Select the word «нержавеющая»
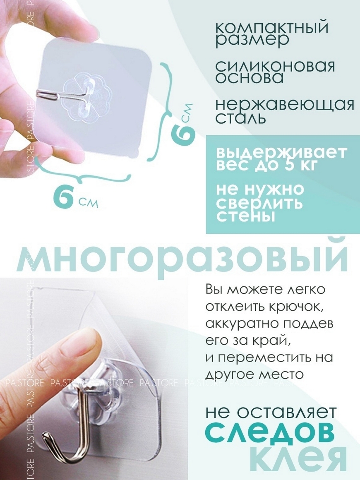click(x=285, y=105)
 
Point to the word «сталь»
click(x=240, y=118)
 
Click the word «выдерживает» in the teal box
click(x=282, y=154)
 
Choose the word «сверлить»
click(x=259, y=203)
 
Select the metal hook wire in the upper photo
click(x=74, y=94)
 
